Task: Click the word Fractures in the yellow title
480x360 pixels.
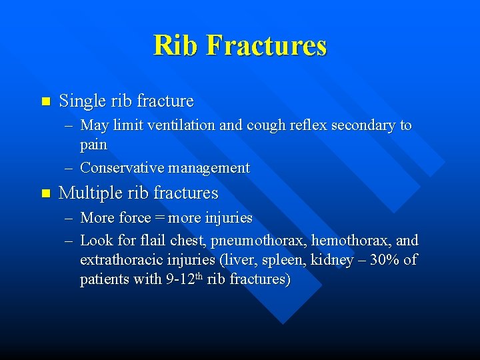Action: point(266,45)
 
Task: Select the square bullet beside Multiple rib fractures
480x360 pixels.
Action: point(45,193)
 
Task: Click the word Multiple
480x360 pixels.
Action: point(90,193)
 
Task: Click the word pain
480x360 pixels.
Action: point(93,144)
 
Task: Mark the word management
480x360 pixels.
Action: point(209,168)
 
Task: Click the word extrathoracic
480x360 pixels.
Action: point(119,259)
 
